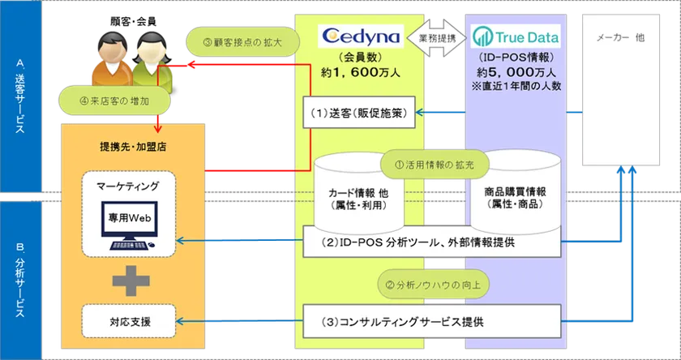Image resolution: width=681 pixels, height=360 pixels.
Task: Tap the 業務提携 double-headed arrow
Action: tap(439, 37)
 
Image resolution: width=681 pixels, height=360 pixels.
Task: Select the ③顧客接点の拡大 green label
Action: tap(234, 41)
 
